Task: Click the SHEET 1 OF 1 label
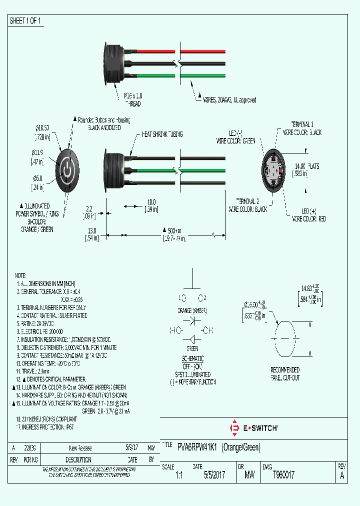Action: click(x=25, y=21)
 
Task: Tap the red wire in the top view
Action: click(x=150, y=51)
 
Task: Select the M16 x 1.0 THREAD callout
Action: click(x=132, y=99)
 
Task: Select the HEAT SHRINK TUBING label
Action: click(x=162, y=134)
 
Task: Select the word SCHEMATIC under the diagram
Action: click(x=192, y=359)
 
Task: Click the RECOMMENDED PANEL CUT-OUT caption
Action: click(x=285, y=373)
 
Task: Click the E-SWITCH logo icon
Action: click(x=233, y=428)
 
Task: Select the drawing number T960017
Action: click(x=283, y=475)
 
